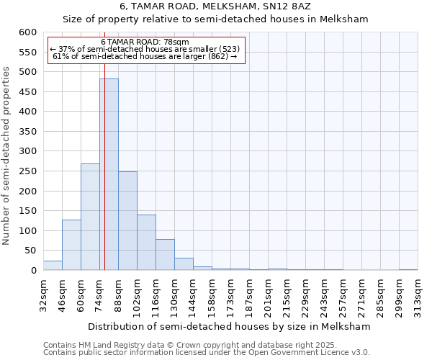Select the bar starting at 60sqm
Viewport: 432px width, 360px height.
pyautogui.click(x=90, y=217)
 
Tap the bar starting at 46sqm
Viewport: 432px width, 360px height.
pyautogui.click(x=71, y=245)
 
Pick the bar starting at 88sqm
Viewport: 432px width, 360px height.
pyautogui.click(x=127, y=220)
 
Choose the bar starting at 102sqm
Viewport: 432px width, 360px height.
pyautogui.click(x=146, y=242)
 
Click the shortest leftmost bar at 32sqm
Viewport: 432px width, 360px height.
pyautogui.click(x=53, y=265)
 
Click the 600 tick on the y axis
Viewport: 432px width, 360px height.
pyautogui.click(x=27, y=32)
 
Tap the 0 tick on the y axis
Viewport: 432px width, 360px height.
pyautogui.click(x=33, y=271)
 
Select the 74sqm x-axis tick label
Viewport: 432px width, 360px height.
pyautogui.click(x=101, y=293)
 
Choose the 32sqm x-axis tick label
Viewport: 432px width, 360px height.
pyautogui.click(x=45, y=293)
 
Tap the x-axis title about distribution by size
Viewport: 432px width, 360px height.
pyautogui.click(x=230, y=326)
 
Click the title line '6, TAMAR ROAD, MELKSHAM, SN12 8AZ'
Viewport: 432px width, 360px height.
pyautogui.click(x=215, y=7)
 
